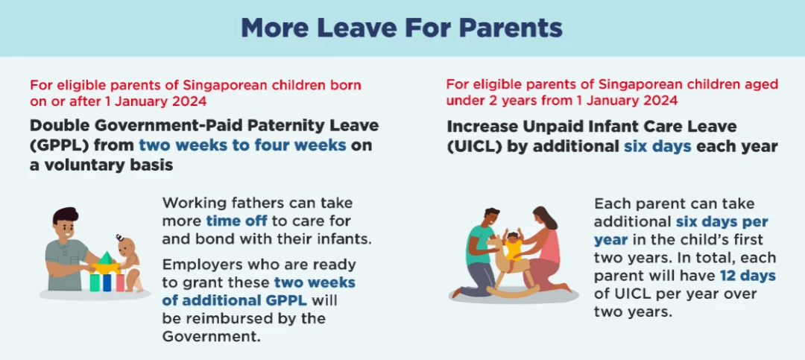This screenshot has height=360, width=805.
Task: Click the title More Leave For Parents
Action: click(402, 28)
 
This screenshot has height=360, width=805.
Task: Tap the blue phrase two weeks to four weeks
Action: click(242, 145)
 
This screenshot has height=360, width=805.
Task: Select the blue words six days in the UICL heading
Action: click(657, 146)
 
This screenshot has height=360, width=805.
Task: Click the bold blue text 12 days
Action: click(748, 276)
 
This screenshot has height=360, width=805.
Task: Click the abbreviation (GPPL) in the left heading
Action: click(57, 145)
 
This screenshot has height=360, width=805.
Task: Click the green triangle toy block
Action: click(106, 258)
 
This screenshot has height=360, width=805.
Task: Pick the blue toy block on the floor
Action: click(107, 282)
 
